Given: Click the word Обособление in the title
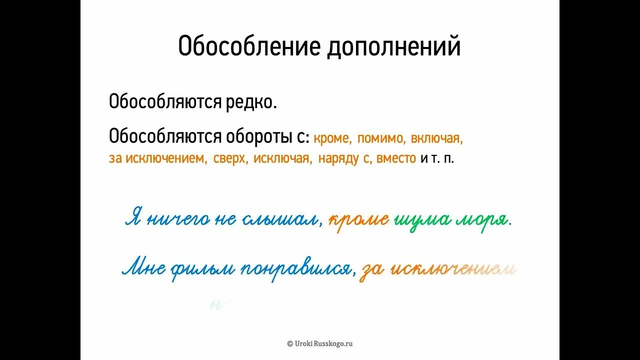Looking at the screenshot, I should pyautogui.click(x=249, y=46).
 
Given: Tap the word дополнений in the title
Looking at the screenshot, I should pyautogui.click(x=393, y=47).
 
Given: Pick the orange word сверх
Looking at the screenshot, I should pyautogui.click(x=231, y=158).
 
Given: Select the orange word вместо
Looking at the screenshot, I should pyautogui.click(x=396, y=158).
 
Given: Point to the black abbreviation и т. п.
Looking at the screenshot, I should pyautogui.click(x=437, y=158).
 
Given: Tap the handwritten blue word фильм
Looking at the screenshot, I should pyautogui.click(x=203, y=270).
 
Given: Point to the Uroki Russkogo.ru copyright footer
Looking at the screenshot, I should pyautogui.click(x=320, y=343).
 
